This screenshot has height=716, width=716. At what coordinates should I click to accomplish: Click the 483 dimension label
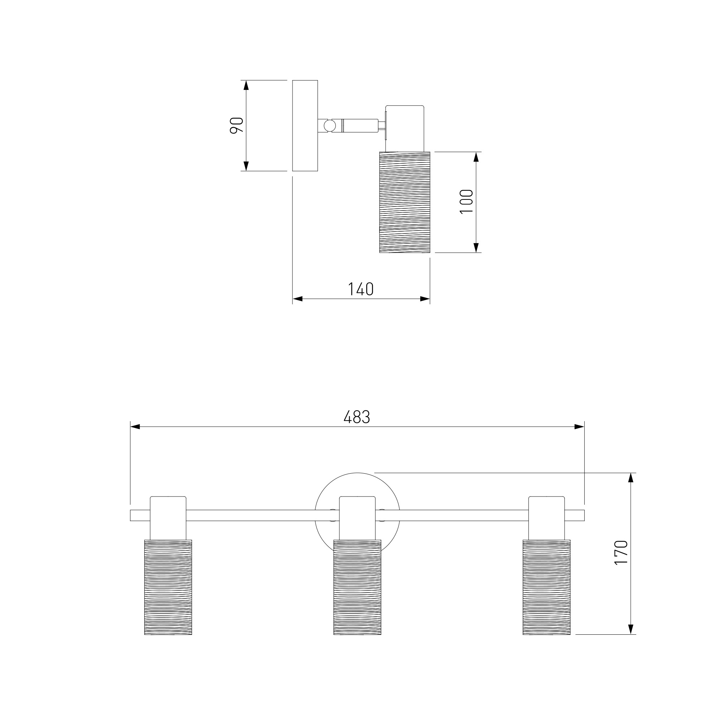coord(357,417)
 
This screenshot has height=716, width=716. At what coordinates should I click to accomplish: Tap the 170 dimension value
coord(621,552)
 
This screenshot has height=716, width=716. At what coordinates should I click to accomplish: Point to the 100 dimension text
coord(466,202)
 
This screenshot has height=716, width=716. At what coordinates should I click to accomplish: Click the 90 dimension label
coord(237,125)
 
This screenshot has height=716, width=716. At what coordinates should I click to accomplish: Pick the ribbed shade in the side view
coord(405,202)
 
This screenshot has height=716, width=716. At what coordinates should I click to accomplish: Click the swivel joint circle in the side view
coord(329,126)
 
